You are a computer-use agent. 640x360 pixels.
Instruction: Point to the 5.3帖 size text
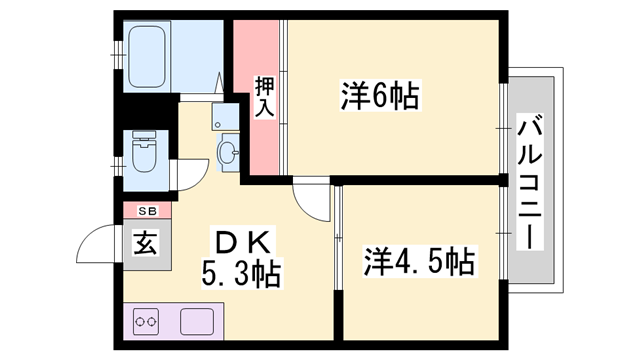click(x=241, y=271)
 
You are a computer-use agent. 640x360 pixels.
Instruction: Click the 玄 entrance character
click(x=146, y=242)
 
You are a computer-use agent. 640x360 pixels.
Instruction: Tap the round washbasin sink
click(x=228, y=153)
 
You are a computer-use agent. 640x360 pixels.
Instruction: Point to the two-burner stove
click(x=148, y=323)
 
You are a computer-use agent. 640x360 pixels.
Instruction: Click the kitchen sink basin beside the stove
click(x=198, y=322)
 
